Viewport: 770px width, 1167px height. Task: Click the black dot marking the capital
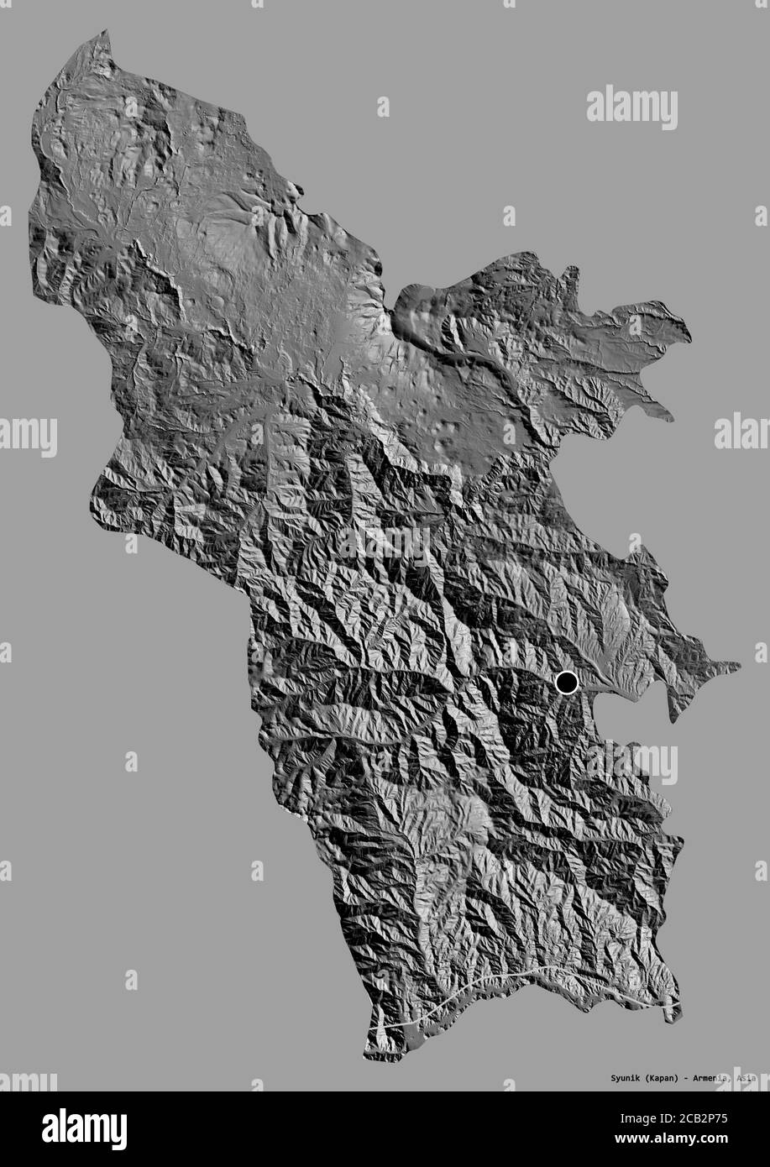click(x=567, y=683)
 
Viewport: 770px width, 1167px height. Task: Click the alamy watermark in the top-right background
click(x=631, y=107)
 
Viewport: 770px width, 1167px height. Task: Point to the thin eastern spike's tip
click(x=739, y=667)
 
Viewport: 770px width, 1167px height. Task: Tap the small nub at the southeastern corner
click(x=671, y=1016)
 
